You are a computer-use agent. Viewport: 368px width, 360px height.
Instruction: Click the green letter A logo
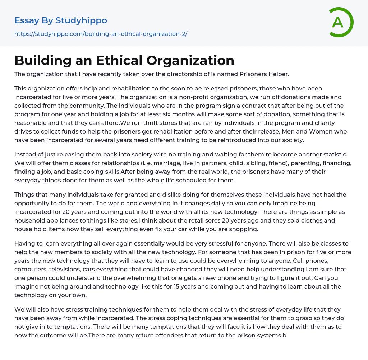pos(341,22)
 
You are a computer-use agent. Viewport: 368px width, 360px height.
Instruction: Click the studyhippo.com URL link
pos(101,34)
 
